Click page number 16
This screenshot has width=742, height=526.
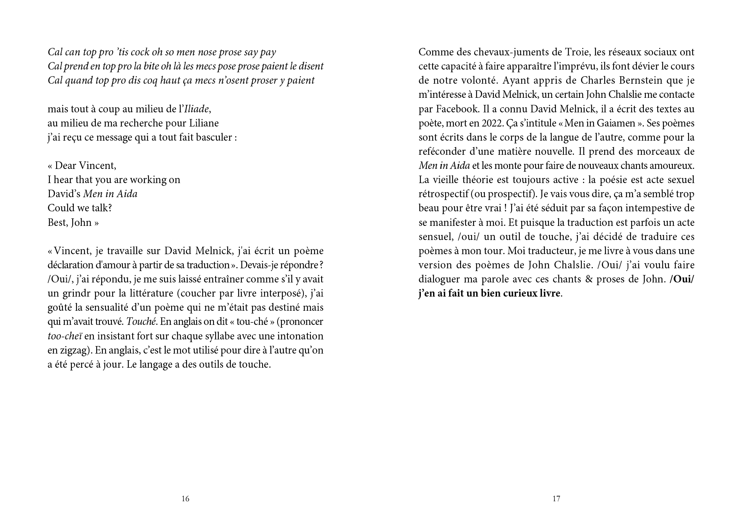[185, 499]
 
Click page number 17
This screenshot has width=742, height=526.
[556, 499]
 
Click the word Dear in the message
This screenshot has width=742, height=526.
[65, 165]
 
